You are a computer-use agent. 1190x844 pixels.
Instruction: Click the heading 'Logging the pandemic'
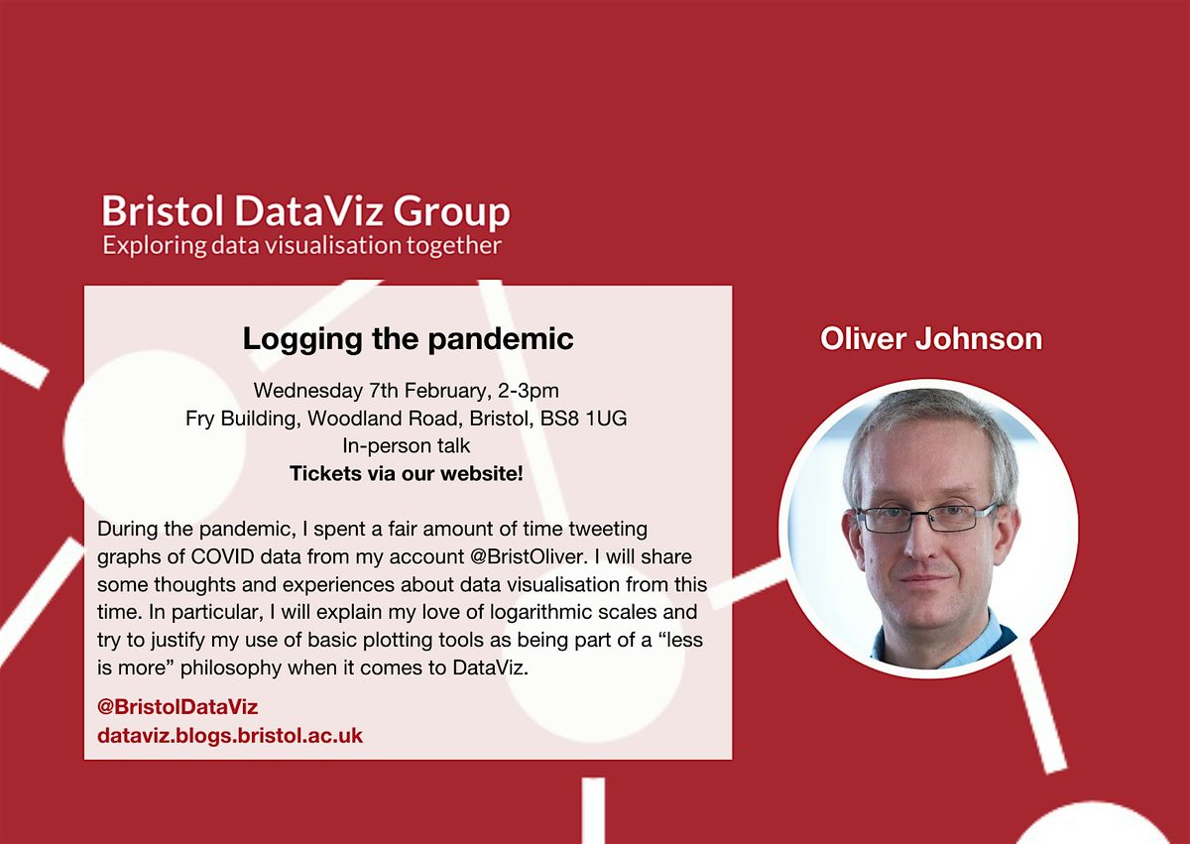click(x=408, y=339)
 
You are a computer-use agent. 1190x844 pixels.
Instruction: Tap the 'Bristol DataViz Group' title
click(x=305, y=211)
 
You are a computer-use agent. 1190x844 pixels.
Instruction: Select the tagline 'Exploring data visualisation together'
click(x=301, y=245)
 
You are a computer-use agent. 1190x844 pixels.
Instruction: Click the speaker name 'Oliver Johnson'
click(x=931, y=339)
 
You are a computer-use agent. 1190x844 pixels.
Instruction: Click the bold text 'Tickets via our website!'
click(x=406, y=474)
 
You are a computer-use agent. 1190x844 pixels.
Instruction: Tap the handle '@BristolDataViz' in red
click(x=178, y=707)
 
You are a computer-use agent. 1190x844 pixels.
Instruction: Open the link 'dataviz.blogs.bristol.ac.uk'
click(x=230, y=735)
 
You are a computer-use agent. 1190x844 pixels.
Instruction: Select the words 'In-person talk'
click(x=406, y=446)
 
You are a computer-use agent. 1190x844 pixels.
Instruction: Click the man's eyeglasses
click(x=926, y=517)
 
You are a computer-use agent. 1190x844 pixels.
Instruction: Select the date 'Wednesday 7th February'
click(x=358, y=392)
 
